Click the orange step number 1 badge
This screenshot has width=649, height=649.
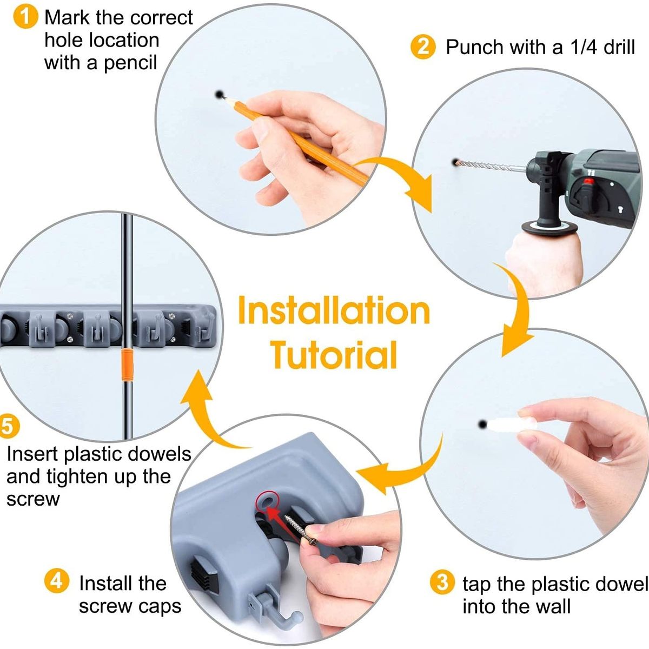(25, 17)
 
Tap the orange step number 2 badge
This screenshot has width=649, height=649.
(423, 47)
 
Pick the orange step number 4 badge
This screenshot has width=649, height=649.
(57, 580)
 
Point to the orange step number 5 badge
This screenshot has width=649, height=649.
(8, 426)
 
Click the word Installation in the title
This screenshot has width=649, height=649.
(334, 310)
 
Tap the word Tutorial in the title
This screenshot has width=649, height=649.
(334, 355)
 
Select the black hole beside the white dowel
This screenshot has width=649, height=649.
(482, 424)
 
